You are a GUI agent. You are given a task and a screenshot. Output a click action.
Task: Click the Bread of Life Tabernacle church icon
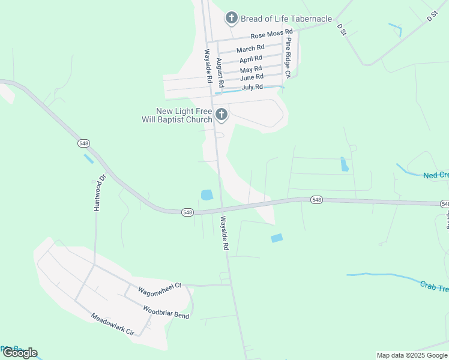pyautogui.click(x=231, y=19)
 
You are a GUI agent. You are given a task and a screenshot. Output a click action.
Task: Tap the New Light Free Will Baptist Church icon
pyautogui.click(x=221, y=114)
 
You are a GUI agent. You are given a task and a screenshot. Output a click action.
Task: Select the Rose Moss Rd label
pyautogui.click(x=271, y=34)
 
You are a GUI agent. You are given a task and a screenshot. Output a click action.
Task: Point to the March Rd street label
pyautogui.click(x=250, y=49)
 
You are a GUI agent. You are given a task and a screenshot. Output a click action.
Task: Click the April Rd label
pyautogui.click(x=251, y=59)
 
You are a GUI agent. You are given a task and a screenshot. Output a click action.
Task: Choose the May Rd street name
pyautogui.click(x=251, y=70)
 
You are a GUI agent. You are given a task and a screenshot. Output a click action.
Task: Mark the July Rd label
pyautogui.click(x=252, y=88)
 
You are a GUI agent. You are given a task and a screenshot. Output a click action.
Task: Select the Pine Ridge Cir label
pyautogui.click(x=288, y=58)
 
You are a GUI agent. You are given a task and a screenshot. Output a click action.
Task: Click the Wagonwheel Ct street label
pyautogui.click(x=159, y=287)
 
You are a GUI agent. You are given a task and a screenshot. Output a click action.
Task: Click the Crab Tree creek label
pyautogui.click(x=434, y=287)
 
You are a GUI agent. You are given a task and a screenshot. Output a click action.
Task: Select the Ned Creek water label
pyautogui.click(x=436, y=175)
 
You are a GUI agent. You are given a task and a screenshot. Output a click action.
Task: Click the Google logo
pyautogui.click(x=19, y=353)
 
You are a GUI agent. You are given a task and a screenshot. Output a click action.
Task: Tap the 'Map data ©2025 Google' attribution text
pyautogui.click(x=412, y=355)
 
